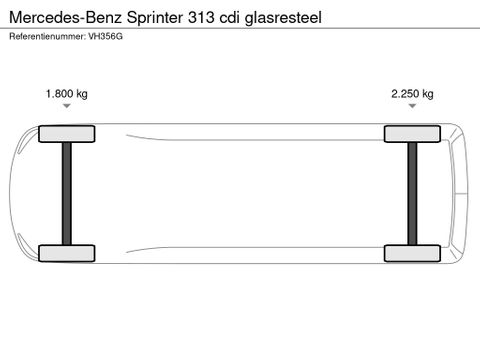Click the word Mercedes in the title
click(x=45, y=17)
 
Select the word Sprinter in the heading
click(x=155, y=18)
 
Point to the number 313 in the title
click(x=201, y=17)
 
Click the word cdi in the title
click(x=229, y=17)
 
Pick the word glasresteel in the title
click(x=283, y=18)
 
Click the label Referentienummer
click(x=47, y=36)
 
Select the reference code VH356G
click(x=105, y=36)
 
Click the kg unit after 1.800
click(x=82, y=94)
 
